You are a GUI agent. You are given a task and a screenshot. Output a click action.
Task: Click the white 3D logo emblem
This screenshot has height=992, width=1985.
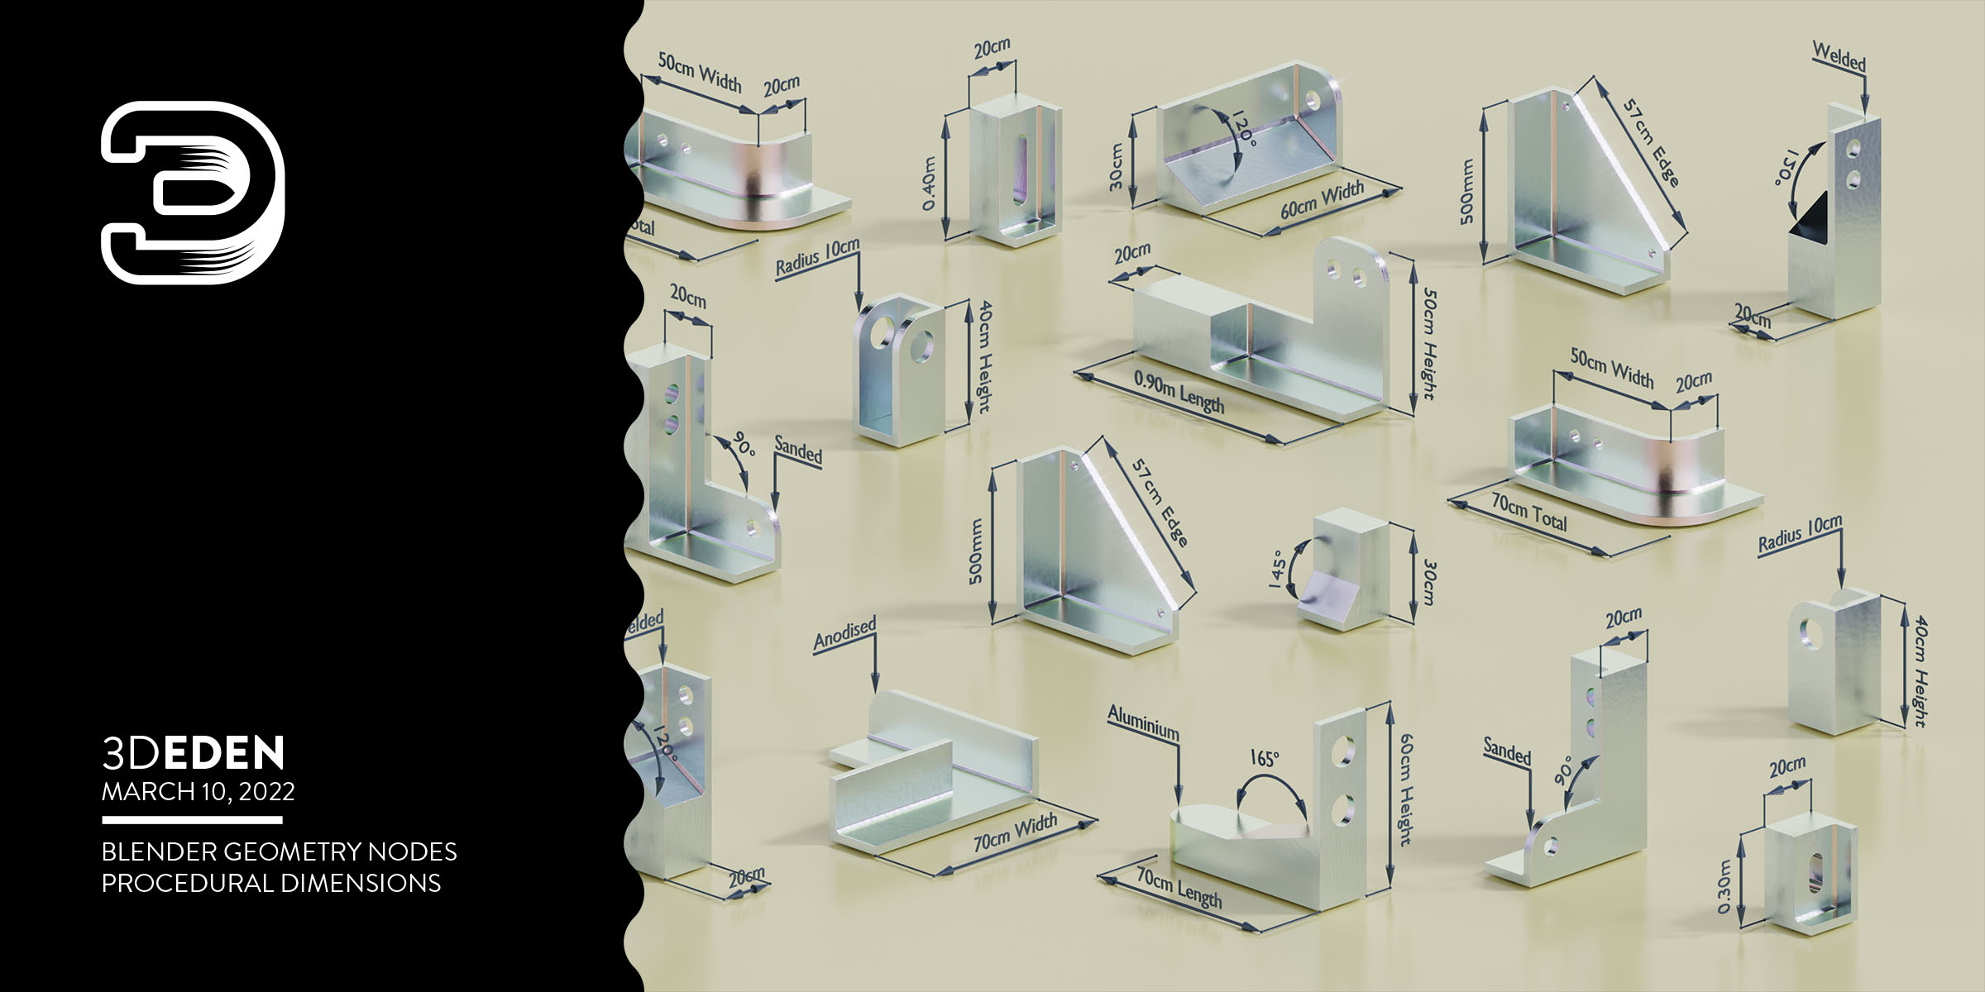coord(193,193)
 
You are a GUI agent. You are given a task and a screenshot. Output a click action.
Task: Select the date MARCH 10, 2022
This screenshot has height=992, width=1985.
coord(198,791)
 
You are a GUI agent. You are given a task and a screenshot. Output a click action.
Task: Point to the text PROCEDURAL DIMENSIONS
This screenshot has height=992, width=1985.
coord(270,883)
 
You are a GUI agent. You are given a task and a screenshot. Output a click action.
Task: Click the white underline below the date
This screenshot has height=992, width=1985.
coord(192,820)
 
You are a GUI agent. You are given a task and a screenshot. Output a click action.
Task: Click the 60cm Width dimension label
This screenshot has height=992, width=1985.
coord(1322,200)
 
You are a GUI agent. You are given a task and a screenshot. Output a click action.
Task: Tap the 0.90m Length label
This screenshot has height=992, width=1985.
coord(1179,392)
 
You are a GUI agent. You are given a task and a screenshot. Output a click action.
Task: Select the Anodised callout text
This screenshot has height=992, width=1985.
coord(844,633)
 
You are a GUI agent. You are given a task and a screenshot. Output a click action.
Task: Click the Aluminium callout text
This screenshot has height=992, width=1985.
coord(1143,723)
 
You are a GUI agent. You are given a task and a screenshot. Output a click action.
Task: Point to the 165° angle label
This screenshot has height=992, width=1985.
coord(1264,759)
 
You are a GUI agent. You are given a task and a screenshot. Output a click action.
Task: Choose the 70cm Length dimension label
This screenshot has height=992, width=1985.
coord(1179,888)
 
